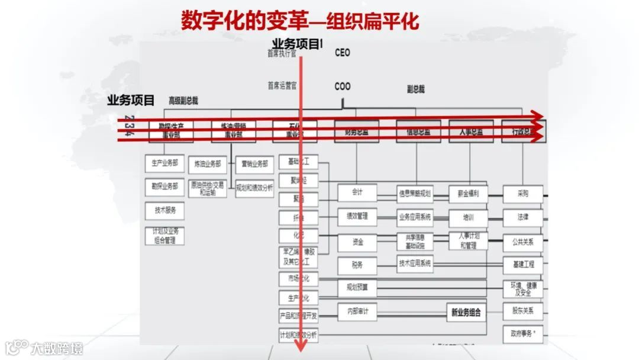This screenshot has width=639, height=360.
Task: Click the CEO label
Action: (x=342, y=53)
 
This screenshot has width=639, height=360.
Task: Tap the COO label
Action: (x=342, y=86)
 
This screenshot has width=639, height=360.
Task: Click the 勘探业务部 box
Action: (x=164, y=187)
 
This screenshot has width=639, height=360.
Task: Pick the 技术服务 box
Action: (x=164, y=210)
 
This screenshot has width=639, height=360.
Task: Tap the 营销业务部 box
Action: (x=254, y=164)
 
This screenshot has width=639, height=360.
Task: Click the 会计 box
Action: (x=357, y=192)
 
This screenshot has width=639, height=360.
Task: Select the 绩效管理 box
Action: (x=357, y=216)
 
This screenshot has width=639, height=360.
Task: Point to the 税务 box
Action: (x=357, y=265)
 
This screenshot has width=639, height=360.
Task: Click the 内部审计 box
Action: (x=357, y=311)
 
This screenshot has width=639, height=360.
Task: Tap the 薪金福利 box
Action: (x=468, y=193)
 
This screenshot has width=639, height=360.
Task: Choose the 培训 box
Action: (x=468, y=217)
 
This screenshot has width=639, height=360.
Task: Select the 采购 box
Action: (x=522, y=193)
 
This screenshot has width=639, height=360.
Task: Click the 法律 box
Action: (x=522, y=217)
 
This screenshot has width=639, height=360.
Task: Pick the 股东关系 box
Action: (x=522, y=310)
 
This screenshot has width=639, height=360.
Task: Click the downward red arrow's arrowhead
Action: (x=301, y=346)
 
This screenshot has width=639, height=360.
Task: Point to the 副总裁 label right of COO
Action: (x=415, y=89)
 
